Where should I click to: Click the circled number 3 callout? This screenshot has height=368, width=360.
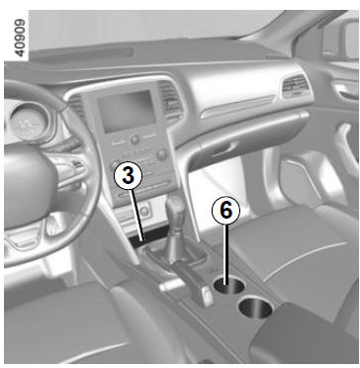point(129,176)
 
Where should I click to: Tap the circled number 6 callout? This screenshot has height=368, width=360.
point(225,210)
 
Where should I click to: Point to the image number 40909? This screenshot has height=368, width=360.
point(20,38)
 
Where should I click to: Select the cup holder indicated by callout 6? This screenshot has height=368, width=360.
point(229,285)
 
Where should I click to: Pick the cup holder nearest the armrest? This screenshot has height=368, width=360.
point(256,308)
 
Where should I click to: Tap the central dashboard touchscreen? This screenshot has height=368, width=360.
point(127,111)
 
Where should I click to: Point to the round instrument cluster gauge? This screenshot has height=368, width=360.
point(28,123)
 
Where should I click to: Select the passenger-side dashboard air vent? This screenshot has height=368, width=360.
point(296,86)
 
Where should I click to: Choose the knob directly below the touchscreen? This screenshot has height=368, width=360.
point(135,139)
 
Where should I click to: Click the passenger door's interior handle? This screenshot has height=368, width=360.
point(344,93)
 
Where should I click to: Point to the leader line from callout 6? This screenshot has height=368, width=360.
point(225,254)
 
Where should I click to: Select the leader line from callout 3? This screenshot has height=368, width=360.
point(136,216)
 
